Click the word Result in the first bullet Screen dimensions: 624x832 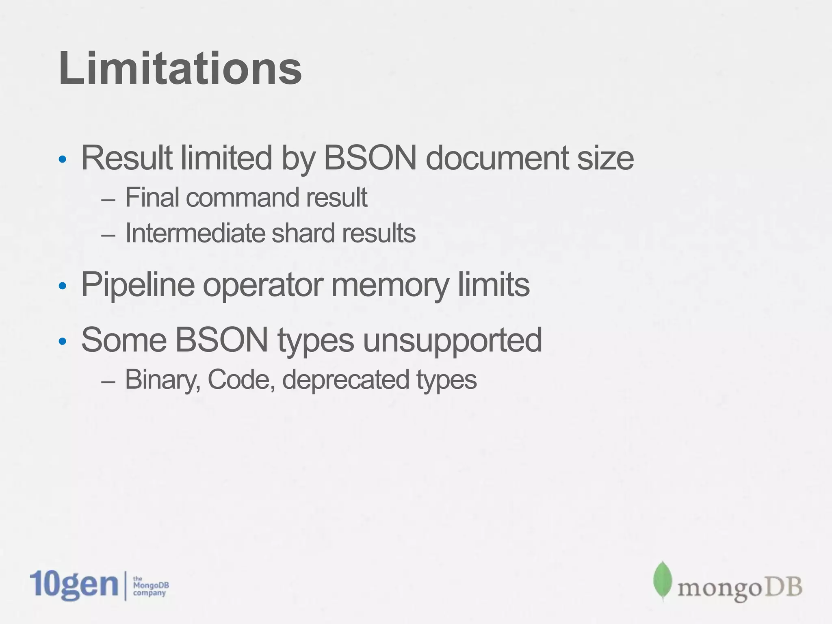pyautogui.click(x=126, y=158)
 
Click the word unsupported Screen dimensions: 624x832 pyautogui.click(x=452, y=340)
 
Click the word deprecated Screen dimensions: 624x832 pyautogui.click(x=345, y=380)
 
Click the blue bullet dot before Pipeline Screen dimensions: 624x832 pyautogui.click(x=62, y=286)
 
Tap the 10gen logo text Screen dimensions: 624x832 pyautogui.click(x=74, y=585)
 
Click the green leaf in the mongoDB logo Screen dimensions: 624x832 pyautogui.click(x=663, y=581)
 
